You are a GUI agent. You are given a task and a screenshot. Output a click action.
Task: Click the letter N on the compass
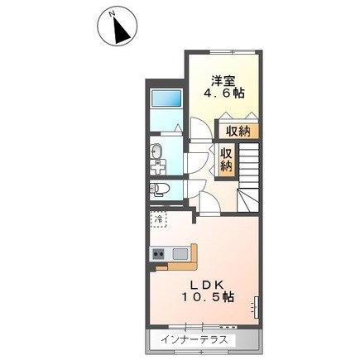point(112,14)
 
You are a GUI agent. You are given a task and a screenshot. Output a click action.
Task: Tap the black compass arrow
point(121,31)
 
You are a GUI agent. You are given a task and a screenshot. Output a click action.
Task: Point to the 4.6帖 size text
point(224,94)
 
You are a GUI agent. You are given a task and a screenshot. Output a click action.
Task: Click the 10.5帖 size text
point(208,297)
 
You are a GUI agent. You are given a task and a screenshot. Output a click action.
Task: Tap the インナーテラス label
point(194,340)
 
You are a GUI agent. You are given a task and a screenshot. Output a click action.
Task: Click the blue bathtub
point(166,98)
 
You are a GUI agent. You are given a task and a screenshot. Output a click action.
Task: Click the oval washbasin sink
point(156,151)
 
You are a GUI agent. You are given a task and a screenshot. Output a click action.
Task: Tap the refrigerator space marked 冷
point(158,219)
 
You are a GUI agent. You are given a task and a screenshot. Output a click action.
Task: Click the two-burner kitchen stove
point(158,253)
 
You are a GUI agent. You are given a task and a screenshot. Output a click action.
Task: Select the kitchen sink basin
point(180,254)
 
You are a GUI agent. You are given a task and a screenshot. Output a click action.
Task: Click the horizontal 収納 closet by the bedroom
point(238,131)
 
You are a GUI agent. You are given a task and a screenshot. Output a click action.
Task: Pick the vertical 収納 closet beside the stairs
point(227,161)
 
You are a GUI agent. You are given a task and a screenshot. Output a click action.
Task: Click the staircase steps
point(248,177)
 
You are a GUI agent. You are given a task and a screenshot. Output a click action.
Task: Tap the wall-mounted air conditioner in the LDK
point(257,307)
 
